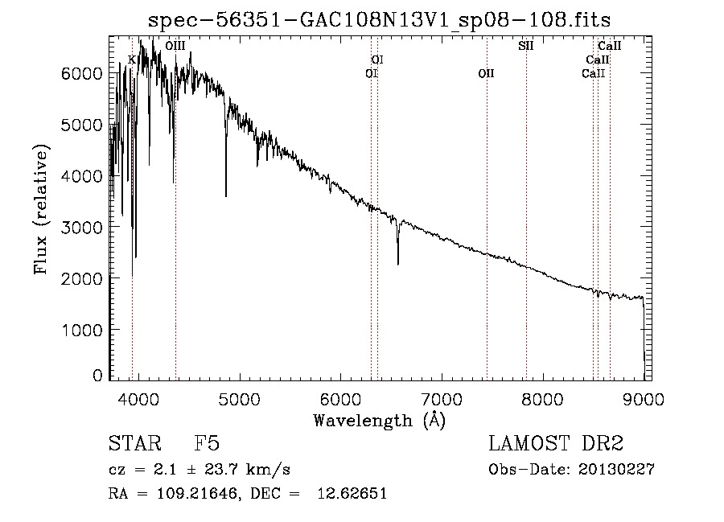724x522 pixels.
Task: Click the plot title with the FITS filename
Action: click(x=379, y=20)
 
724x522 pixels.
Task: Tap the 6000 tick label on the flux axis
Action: click(x=82, y=73)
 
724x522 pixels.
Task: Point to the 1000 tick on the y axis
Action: click(x=82, y=330)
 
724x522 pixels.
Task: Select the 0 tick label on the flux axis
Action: click(x=97, y=376)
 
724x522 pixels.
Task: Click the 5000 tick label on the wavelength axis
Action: click(x=239, y=399)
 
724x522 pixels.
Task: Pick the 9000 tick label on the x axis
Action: click(x=644, y=399)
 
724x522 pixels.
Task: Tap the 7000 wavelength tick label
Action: click(x=442, y=399)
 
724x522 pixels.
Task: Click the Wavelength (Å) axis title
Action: click(x=380, y=421)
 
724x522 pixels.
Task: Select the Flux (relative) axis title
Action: click(x=41, y=210)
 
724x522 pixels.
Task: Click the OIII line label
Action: click(x=175, y=46)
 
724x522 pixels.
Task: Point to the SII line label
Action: click(x=525, y=46)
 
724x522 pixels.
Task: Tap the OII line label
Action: click(x=486, y=73)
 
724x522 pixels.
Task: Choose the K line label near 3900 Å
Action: click(x=132, y=60)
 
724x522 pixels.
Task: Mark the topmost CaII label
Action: click(x=610, y=46)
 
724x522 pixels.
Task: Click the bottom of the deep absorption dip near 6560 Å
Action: click(x=398, y=264)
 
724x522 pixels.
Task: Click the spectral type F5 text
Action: click(x=207, y=443)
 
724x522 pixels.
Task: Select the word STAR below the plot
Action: click(x=135, y=443)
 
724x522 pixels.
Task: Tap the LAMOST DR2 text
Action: click(x=556, y=443)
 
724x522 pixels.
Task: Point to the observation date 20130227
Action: click(x=616, y=470)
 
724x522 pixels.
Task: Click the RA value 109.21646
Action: click(x=197, y=494)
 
